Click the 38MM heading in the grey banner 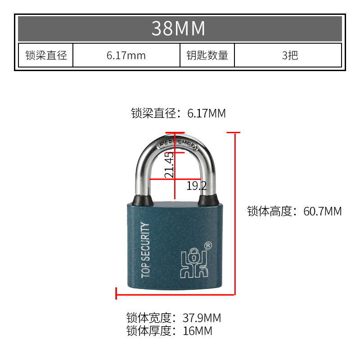coord(179,28)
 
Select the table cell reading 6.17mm coord(126,55)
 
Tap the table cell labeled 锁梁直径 coord(46,55)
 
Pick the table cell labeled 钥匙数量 coord(207,55)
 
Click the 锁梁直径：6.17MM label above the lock coord(178,113)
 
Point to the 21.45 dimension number coord(169,165)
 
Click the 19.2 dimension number coord(196,185)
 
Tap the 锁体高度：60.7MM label coord(294,211)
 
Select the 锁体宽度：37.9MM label coord(174,318)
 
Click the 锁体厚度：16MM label coord(169,332)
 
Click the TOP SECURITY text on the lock coord(145,250)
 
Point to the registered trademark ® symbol coord(208,246)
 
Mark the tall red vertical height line coord(235,214)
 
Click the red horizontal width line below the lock coord(175,295)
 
